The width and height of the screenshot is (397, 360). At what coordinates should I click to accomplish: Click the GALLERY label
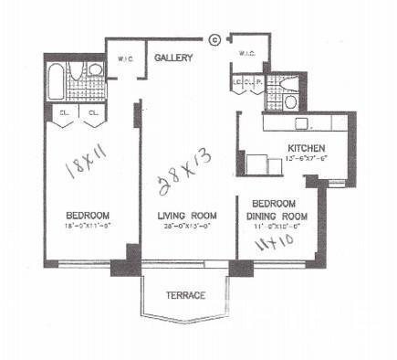click(x=172, y=58)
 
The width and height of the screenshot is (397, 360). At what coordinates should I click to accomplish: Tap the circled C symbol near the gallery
click(x=214, y=39)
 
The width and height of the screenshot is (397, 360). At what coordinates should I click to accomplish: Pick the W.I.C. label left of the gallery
click(x=127, y=61)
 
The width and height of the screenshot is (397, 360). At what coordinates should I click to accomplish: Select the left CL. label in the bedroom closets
click(x=66, y=114)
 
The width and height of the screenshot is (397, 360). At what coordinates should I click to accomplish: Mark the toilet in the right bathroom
click(x=291, y=101)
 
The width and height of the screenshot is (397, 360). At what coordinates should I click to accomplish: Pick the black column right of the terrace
click(x=241, y=268)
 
